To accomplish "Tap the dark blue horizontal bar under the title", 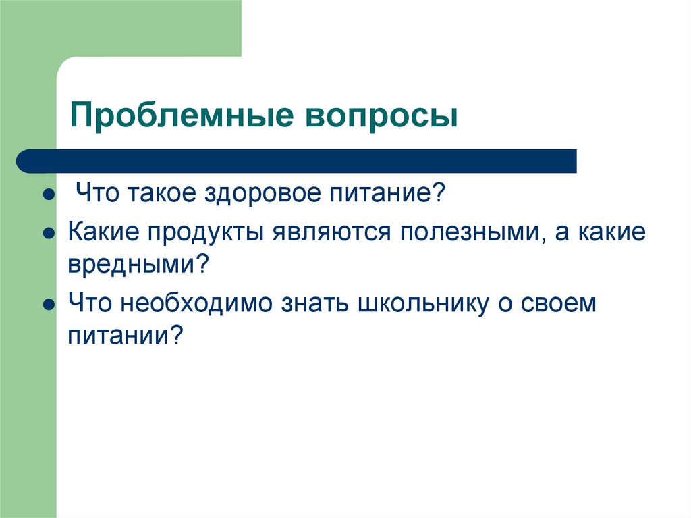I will (297, 161).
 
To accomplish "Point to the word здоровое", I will (260, 195).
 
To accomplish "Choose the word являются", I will (332, 232).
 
